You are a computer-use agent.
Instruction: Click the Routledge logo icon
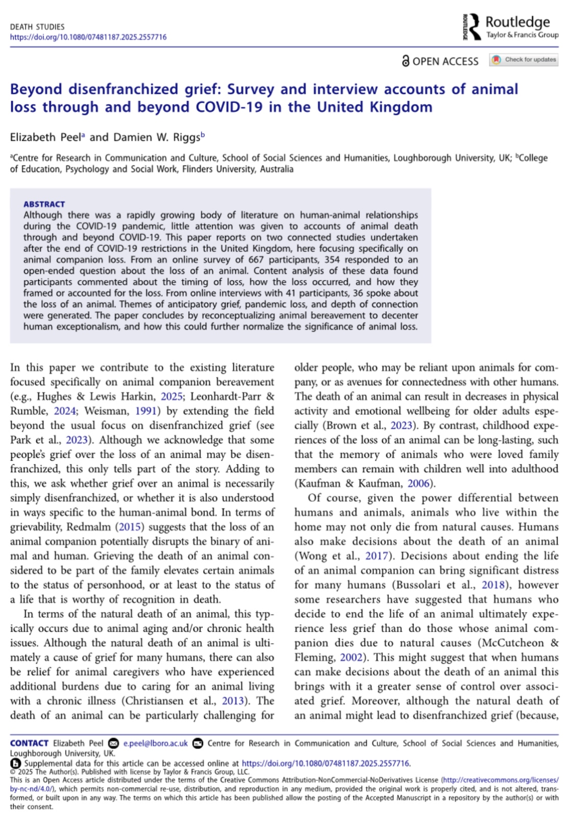[471, 27]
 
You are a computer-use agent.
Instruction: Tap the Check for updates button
[524, 60]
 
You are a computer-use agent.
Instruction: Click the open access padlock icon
[406, 61]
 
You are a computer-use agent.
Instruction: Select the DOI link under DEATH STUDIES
[88, 37]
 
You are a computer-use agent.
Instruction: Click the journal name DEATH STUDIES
[37, 27]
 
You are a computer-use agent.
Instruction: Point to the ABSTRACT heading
[44, 204]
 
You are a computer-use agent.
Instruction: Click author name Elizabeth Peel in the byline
[45, 137]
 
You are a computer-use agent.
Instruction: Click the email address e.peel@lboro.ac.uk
[156, 743]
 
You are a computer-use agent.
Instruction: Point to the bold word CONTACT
[29, 743]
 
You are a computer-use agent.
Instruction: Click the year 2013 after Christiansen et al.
[233, 700]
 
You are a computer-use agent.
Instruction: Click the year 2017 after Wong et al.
[377, 556]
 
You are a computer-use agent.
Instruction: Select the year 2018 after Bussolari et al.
[493, 585]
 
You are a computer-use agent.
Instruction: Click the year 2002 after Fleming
[352, 657]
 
